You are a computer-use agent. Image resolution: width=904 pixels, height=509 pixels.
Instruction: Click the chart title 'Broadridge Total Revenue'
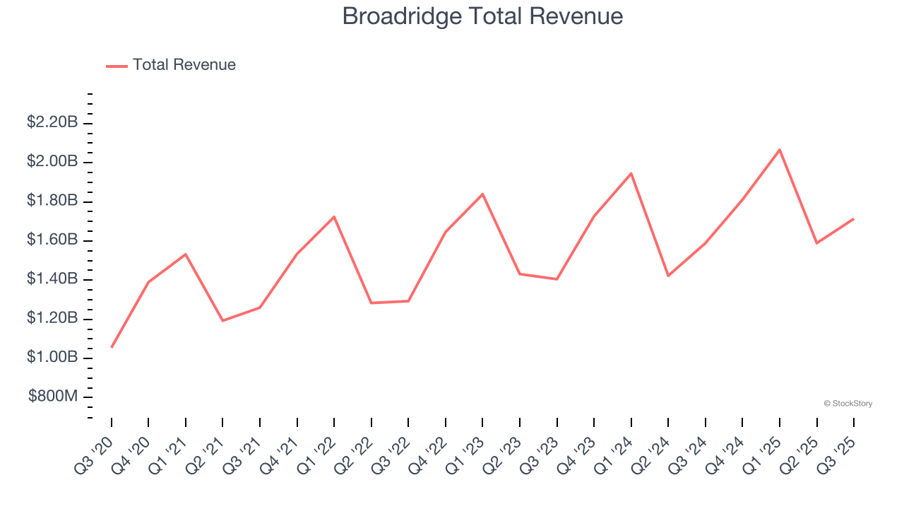click(x=482, y=16)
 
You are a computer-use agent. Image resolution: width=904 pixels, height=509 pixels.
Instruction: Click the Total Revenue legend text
click(x=184, y=65)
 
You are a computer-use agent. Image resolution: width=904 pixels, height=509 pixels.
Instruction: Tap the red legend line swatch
click(x=117, y=66)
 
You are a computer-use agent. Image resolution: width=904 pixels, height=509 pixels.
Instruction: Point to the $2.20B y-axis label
click(x=52, y=122)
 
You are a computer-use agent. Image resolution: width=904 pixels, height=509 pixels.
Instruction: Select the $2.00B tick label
click(x=52, y=162)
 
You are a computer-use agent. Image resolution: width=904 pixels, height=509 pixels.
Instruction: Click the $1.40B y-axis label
click(x=52, y=279)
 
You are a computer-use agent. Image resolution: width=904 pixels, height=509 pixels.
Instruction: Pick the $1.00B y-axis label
click(x=52, y=357)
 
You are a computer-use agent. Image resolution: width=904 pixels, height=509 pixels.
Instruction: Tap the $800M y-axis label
click(x=53, y=397)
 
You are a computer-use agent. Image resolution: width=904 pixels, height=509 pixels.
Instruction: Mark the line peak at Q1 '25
click(x=780, y=150)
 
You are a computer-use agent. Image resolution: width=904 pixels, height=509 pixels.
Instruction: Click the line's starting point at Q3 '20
click(x=112, y=347)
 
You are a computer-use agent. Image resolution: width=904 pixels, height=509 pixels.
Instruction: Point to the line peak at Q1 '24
click(x=631, y=173)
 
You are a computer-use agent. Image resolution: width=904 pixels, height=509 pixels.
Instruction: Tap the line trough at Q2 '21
click(x=222, y=321)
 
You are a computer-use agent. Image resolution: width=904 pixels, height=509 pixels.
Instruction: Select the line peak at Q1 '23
click(x=482, y=194)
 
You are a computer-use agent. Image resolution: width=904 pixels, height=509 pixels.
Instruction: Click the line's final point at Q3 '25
click(x=854, y=219)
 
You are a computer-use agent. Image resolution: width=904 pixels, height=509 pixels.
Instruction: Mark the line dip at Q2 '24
click(x=668, y=276)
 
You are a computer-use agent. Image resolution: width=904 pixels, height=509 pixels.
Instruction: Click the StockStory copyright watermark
click(x=847, y=404)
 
